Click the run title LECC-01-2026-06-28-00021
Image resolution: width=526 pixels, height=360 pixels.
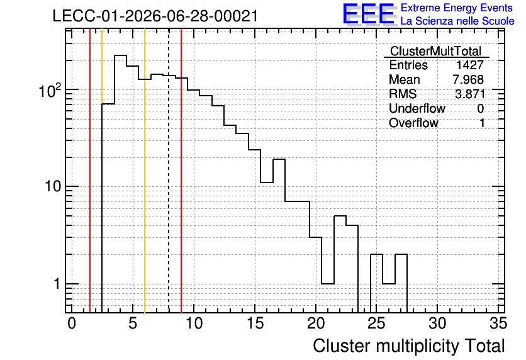(155, 16)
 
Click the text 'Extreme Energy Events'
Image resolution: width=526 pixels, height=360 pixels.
(457, 8)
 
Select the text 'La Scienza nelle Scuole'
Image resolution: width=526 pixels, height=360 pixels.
(457, 21)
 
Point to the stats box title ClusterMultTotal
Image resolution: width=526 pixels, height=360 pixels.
(436, 51)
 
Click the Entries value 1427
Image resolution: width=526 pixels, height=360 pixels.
(469, 65)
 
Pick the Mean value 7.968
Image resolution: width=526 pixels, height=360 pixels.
(468, 79)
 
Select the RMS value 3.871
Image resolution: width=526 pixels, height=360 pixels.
(469, 94)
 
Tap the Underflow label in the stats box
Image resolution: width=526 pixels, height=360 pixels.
(417, 108)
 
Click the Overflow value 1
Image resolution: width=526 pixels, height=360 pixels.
(482, 123)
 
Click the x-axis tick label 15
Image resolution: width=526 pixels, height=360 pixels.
(255, 323)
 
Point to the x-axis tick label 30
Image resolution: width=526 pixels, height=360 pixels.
(437, 323)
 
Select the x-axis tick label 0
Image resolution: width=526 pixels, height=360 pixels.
(72, 323)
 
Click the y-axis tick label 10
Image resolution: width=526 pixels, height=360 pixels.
(53, 186)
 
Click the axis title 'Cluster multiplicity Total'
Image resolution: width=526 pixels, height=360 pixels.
(408, 346)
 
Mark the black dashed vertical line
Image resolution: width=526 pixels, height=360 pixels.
(169, 171)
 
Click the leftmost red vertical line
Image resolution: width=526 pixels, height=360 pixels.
(90, 171)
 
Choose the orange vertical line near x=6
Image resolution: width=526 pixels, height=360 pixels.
(145, 171)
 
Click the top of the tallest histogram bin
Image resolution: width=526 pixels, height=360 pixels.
(120, 55)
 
